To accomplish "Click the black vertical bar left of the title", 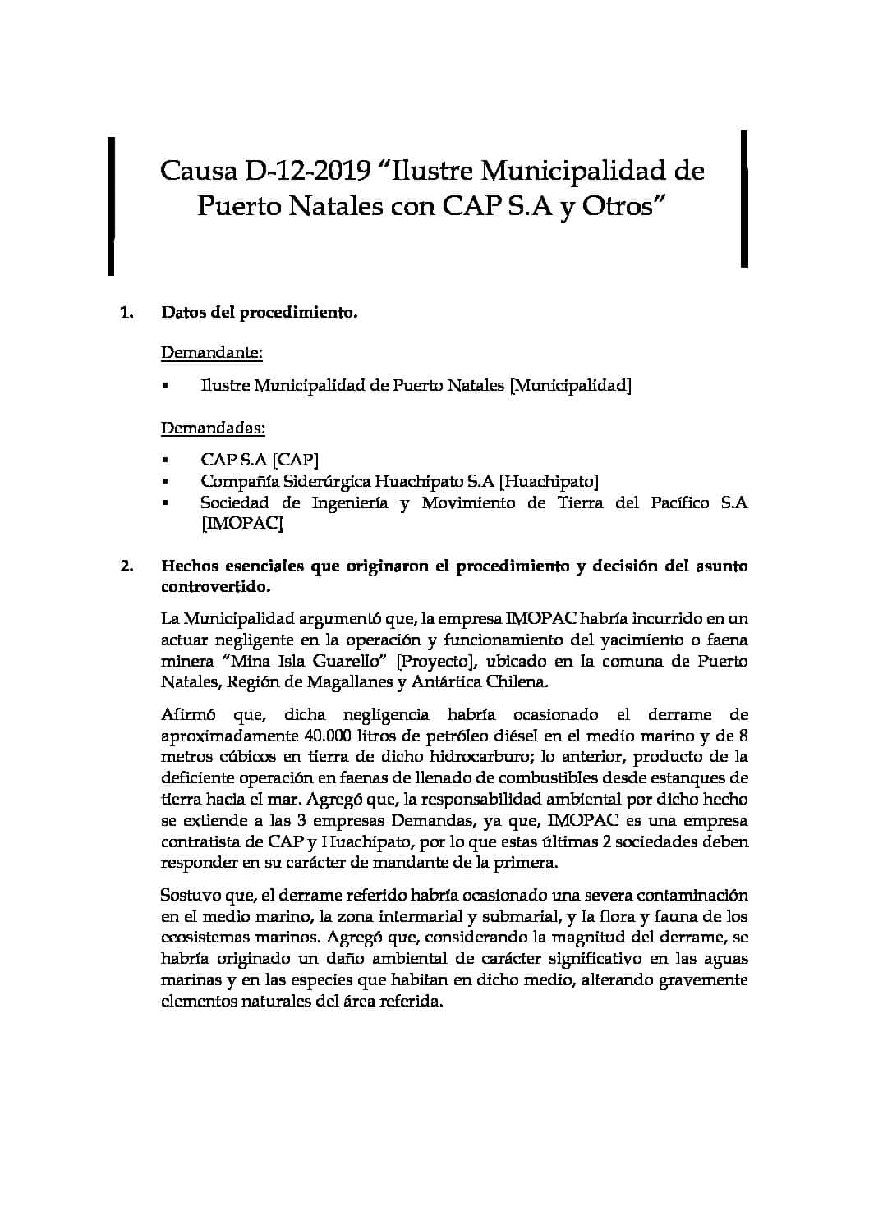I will tap(111, 205).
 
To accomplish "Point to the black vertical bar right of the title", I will tap(744, 199).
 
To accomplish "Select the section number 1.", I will tap(126, 313).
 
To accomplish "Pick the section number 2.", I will tap(126, 566).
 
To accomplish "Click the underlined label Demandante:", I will tap(212, 353).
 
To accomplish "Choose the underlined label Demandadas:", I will tap(213, 429).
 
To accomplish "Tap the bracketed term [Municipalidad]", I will tap(571, 386).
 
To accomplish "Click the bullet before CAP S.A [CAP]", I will tap(165, 461).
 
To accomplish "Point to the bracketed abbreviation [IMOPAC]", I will tap(242, 524).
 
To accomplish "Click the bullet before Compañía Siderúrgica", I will tap(165, 482).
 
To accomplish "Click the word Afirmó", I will tap(188, 714).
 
